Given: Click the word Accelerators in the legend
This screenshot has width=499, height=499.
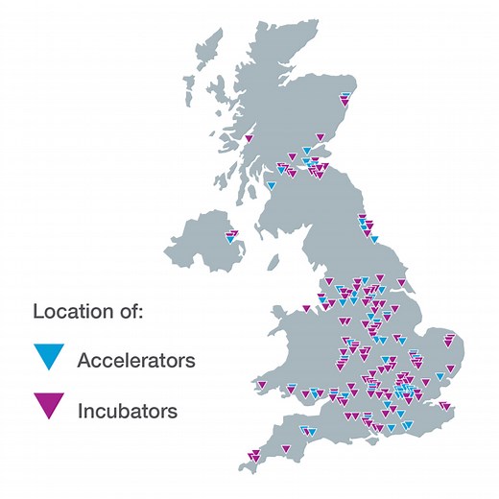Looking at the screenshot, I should pos(135,361).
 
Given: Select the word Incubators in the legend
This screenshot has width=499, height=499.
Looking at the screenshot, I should pos(127,411).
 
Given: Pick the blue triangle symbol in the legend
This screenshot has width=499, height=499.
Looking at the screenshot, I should pos(48,358).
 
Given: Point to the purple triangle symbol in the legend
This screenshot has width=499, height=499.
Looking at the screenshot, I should pos(48,407).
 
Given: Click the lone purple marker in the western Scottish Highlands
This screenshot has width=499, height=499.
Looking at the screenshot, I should pos(249,139).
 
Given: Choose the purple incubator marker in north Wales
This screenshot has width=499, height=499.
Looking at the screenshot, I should pos(307,309).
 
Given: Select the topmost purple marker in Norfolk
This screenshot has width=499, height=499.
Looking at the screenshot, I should pos(447,338).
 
